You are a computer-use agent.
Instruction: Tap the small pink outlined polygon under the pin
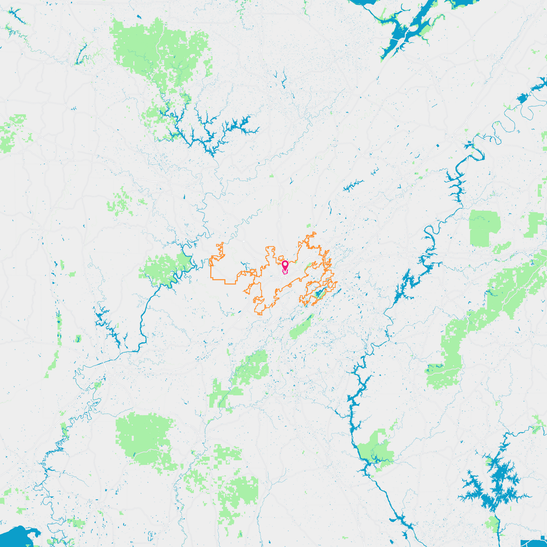point(285,273)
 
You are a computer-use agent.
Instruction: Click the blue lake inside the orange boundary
point(318,294)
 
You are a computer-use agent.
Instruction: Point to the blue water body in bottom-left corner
point(15,536)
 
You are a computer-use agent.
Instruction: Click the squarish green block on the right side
point(483,226)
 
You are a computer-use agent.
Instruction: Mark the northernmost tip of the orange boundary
point(314,232)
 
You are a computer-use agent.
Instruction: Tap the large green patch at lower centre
point(240,489)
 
